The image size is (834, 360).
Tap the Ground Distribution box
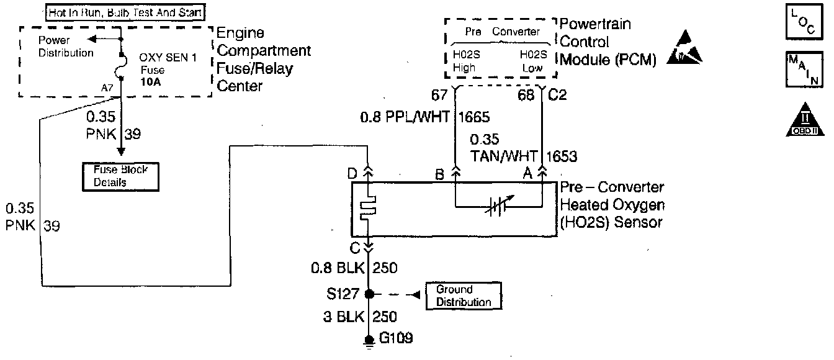pos(462,296)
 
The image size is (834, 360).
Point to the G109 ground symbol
pos(369,341)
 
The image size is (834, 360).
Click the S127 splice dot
pos(369,294)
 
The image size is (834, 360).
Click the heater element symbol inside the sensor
pos(368,209)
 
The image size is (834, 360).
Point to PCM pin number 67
pos(439,96)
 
